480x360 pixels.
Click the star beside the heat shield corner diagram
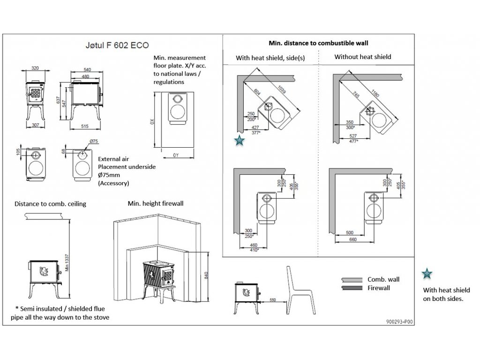click(239, 140)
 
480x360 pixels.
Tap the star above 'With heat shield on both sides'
click(427, 274)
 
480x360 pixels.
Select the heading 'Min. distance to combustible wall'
click(318, 43)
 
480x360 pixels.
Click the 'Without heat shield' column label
click(362, 57)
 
